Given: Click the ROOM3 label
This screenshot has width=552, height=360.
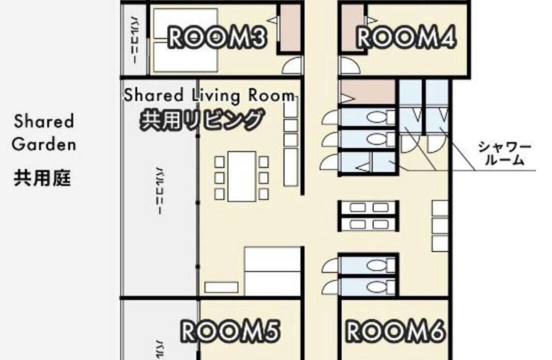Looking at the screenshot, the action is click(x=217, y=37).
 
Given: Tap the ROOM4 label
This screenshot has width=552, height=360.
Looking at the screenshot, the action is click(x=406, y=37).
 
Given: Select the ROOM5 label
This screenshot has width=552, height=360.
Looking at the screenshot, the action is click(x=230, y=331).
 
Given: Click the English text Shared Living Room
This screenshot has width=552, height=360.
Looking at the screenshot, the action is click(x=209, y=95).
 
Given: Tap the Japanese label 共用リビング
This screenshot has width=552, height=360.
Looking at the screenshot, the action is click(x=202, y=120).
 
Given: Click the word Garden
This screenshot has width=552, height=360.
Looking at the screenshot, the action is click(x=44, y=144).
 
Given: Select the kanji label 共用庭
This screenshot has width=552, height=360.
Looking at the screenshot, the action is click(x=42, y=178).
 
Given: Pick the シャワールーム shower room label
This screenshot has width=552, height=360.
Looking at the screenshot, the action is click(x=504, y=153).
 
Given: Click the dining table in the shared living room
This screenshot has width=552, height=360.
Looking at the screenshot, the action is click(x=242, y=176).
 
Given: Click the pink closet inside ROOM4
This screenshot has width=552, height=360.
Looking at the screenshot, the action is click(x=352, y=28).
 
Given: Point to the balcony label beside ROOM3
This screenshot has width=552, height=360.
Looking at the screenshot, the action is click(x=134, y=39).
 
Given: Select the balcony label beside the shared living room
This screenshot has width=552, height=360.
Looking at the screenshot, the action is click(x=159, y=190).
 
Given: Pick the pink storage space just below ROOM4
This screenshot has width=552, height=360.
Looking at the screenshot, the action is click(x=368, y=92).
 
